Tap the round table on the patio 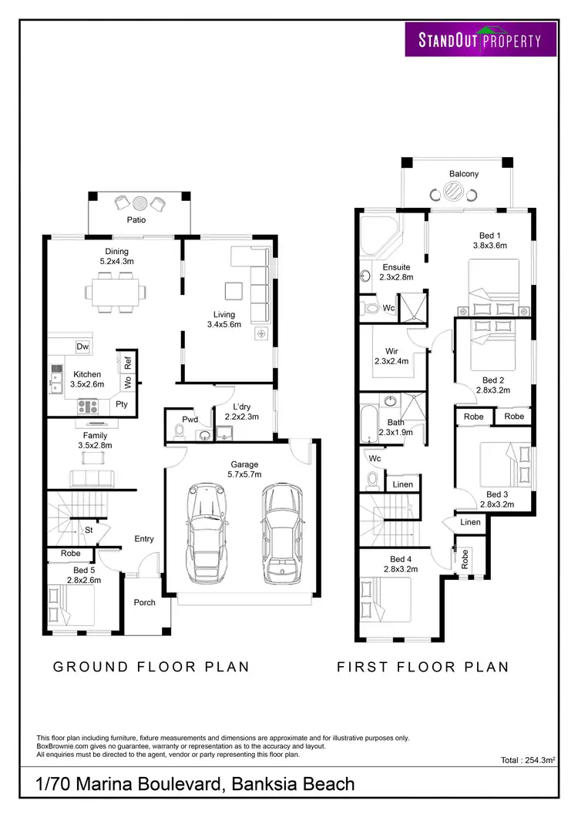tap(139, 203)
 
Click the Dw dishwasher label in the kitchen tap(82, 347)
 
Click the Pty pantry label tap(122, 403)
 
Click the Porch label tap(145, 602)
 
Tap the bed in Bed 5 tap(71, 605)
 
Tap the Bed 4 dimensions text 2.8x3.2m tap(402, 570)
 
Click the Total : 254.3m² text tap(528, 760)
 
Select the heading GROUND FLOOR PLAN tap(151, 667)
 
